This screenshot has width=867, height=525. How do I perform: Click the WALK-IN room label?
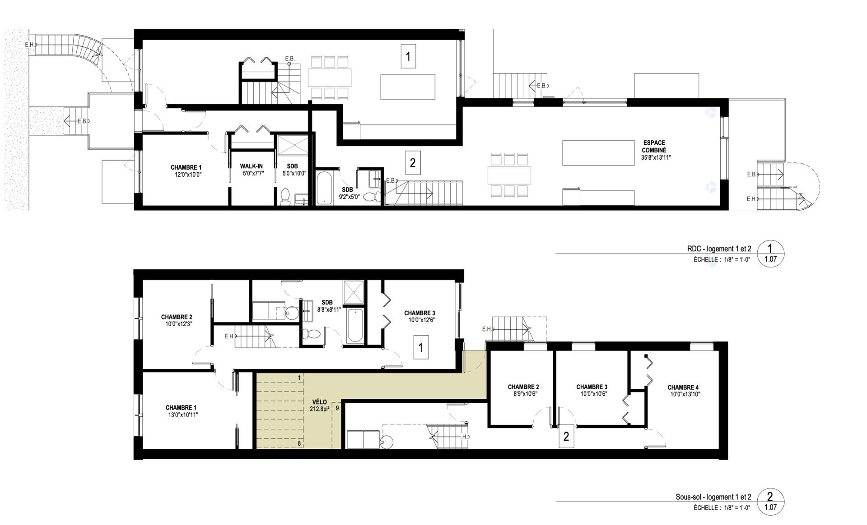[251, 166]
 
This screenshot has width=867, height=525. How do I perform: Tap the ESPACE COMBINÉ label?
[654, 146]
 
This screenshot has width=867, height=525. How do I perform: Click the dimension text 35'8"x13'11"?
[654, 158]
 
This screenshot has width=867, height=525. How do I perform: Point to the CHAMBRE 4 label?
[683, 387]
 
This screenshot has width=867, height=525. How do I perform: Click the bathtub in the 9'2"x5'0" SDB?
[323, 187]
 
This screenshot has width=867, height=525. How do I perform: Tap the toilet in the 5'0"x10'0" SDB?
[285, 197]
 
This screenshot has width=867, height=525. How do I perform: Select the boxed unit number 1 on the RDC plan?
[408, 56]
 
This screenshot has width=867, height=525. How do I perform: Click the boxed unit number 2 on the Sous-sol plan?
[566, 436]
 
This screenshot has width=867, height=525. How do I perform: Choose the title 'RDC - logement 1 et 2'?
[717, 249]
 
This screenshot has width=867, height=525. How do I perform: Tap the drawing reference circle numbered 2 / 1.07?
[770, 502]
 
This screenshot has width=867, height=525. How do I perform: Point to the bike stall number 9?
[337, 407]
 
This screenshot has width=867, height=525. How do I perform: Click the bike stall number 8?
[299, 443]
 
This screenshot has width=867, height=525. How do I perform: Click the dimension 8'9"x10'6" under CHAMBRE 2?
[523, 394]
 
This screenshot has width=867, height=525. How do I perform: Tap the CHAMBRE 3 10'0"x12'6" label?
[420, 316]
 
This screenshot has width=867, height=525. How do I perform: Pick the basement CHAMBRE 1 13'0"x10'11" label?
[182, 411]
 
